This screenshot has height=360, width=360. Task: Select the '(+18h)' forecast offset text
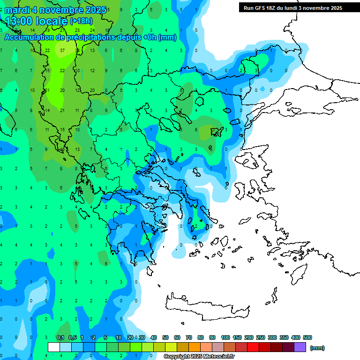81,21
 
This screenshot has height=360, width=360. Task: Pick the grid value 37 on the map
63,50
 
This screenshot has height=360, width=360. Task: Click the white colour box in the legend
54,347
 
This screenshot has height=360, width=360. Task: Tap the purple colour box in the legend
300,347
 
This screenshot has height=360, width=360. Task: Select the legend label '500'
307,337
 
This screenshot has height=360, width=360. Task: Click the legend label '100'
225,337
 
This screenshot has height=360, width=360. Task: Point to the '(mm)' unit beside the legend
317,348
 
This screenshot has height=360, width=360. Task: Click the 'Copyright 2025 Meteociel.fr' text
199,357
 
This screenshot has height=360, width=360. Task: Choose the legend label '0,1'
60,337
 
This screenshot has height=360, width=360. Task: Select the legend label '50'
165,337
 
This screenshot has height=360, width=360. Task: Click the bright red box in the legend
253,347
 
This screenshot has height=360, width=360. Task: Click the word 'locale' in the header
51,21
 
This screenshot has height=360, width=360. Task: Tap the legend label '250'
260,337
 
